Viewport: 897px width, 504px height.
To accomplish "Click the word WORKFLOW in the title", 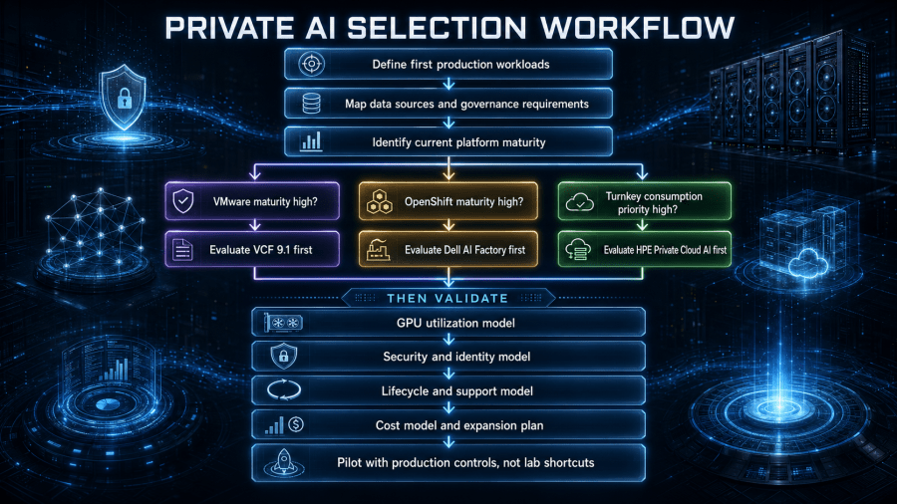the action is pyautogui.click(x=637, y=28).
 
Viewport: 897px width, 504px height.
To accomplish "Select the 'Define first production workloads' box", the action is pyautogui.click(x=448, y=64).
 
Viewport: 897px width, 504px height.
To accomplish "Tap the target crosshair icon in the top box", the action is pyautogui.click(x=311, y=64).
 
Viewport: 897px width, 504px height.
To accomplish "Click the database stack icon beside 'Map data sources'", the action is pyautogui.click(x=311, y=104).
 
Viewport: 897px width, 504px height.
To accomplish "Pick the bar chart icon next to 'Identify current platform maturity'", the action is pyautogui.click(x=311, y=141).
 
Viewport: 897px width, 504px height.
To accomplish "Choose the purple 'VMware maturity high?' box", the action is pyautogui.click(x=252, y=201).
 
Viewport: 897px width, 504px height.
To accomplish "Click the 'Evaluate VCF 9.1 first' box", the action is pyautogui.click(x=252, y=249).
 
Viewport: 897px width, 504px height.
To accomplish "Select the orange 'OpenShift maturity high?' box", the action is pyautogui.click(x=448, y=201).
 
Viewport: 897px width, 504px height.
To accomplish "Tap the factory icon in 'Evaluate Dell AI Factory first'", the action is pyautogui.click(x=378, y=250).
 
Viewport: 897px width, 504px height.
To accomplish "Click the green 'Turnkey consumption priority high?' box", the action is pyautogui.click(x=645, y=201).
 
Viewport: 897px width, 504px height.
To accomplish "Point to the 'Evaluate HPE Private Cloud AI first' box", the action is pyautogui.click(x=645, y=249).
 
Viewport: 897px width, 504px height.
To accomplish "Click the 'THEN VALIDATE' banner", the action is pyautogui.click(x=448, y=298).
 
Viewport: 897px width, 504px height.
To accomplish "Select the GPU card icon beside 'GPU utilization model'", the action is pyautogui.click(x=284, y=323).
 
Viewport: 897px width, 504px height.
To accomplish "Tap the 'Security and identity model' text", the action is pyautogui.click(x=456, y=357).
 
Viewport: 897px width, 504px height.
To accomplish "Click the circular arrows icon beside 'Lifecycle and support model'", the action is pyautogui.click(x=284, y=390).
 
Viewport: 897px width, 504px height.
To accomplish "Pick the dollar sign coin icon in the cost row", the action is pyautogui.click(x=296, y=424).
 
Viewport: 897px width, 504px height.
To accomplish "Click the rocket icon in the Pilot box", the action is pyautogui.click(x=284, y=463).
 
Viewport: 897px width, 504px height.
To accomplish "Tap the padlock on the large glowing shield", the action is pyautogui.click(x=125, y=100).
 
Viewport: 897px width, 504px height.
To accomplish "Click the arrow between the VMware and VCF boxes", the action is pyautogui.click(x=255, y=225).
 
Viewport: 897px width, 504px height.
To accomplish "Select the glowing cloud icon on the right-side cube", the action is pyautogui.click(x=807, y=264).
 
